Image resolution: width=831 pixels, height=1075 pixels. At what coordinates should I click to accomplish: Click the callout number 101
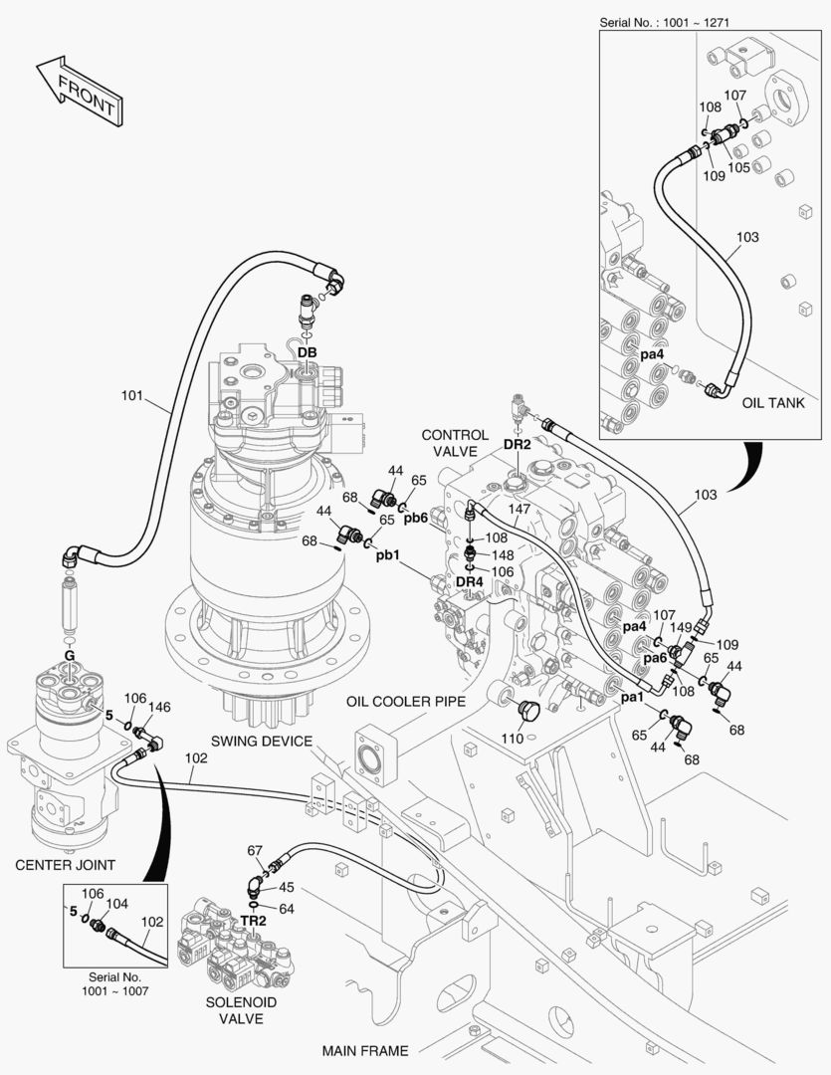coord(133,396)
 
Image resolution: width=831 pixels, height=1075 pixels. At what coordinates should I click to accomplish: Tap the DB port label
coord(307,353)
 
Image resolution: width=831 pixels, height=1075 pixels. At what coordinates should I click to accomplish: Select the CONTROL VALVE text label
coord(455,443)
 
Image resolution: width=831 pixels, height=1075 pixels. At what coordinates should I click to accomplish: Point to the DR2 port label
coord(517,444)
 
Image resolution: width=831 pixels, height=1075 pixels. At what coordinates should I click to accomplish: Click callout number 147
coord(520,509)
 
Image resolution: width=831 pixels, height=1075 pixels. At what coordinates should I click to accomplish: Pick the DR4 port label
coord(469,581)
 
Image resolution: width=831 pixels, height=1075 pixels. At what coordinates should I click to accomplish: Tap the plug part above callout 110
coord(528,711)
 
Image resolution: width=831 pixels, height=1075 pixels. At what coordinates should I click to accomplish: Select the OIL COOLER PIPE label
coord(406,701)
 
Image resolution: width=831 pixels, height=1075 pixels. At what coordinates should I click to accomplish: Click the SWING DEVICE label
coord(261,742)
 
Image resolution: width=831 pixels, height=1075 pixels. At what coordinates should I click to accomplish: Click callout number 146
coord(160,708)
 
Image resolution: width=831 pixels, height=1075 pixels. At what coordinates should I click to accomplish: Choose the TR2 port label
coord(253,922)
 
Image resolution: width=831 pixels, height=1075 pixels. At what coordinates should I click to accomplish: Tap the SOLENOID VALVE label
coord(240,1010)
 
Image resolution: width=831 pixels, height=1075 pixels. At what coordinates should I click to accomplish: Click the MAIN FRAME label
coord(364,1050)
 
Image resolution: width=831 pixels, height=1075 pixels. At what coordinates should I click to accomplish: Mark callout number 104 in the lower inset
coord(117,904)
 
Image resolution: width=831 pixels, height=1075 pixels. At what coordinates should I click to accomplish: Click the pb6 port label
coord(415,518)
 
